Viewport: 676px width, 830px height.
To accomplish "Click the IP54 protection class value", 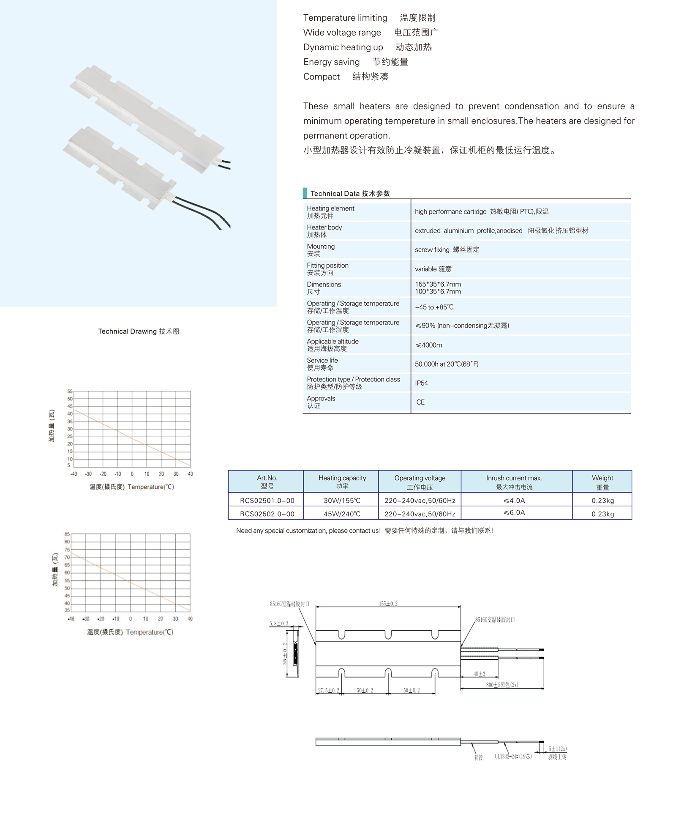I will (x=421, y=383).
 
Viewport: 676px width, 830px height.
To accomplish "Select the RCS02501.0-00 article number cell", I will (x=267, y=501).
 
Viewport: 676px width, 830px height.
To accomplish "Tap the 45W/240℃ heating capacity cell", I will (x=342, y=514).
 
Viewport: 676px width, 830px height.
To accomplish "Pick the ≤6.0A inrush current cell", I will (x=514, y=512).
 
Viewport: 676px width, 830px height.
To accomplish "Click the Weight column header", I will (x=602, y=482).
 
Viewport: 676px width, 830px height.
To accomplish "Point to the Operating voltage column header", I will (x=420, y=482).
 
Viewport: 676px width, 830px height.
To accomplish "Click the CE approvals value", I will (x=420, y=402).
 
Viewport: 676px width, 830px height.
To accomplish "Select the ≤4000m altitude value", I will (x=429, y=345).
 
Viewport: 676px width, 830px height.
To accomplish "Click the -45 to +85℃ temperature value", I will (x=434, y=307).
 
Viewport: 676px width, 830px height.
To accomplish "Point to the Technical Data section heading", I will (x=350, y=194).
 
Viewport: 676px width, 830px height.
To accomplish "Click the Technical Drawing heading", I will (x=139, y=331).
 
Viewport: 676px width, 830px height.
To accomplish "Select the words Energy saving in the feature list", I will (x=332, y=62).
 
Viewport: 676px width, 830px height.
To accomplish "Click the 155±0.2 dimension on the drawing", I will (x=388, y=604).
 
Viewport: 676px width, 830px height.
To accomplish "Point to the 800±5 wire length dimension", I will (x=502, y=685).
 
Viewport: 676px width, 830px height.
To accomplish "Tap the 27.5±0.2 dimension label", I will (x=328, y=690).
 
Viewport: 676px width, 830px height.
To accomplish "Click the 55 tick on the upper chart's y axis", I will (x=70, y=392).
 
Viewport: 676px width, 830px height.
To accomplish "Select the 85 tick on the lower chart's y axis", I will (x=67, y=534).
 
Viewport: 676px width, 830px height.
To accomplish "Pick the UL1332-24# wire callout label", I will (x=513, y=756).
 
